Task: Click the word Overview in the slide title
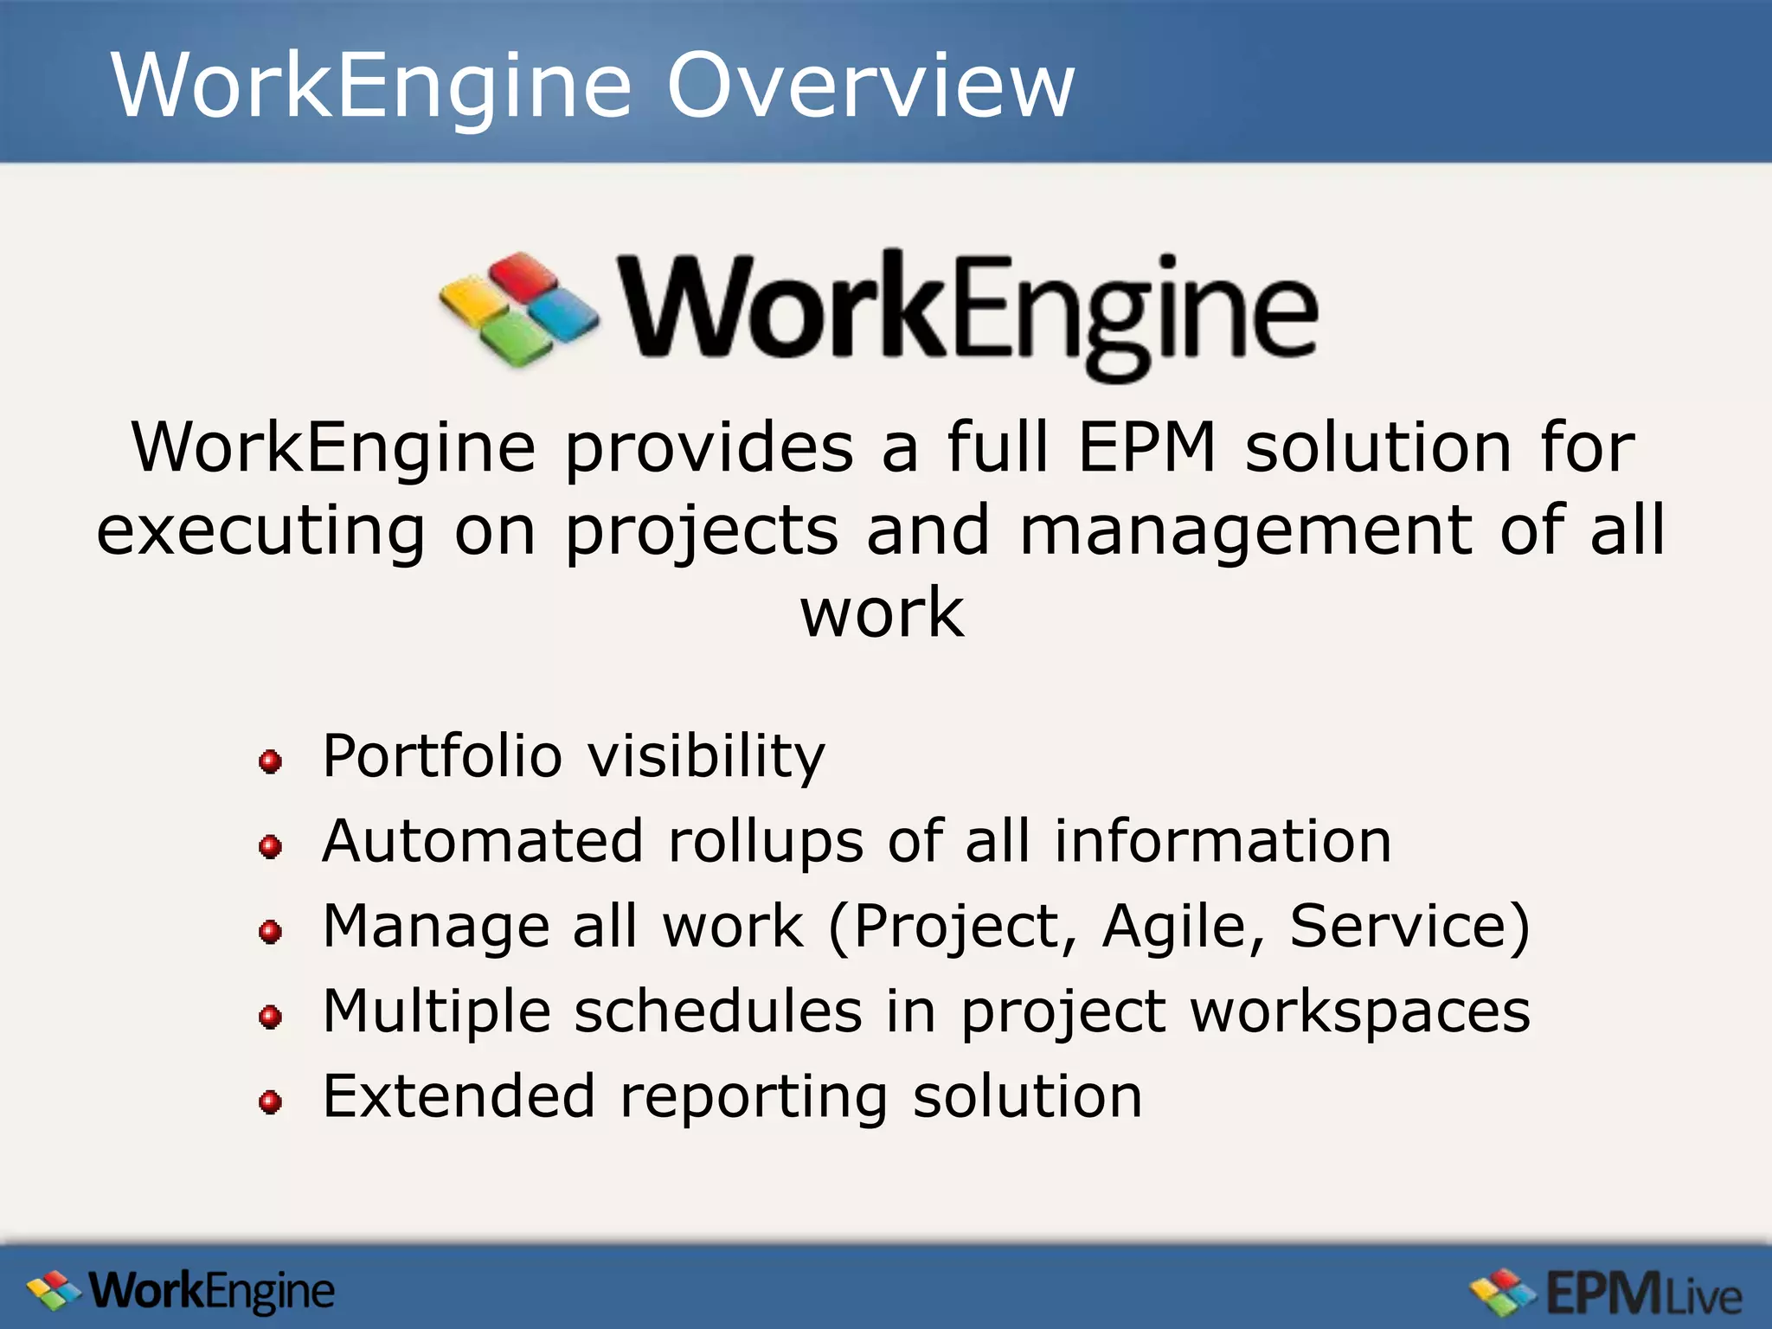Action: [x=870, y=86]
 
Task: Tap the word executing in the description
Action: [x=260, y=530]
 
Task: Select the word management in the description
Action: [x=1246, y=530]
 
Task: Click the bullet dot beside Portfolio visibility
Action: [x=271, y=761]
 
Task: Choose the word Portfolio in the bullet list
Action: [x=442, y=756]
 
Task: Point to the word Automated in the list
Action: [x=483, y=841]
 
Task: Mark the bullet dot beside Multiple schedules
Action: [x=271, y=1017]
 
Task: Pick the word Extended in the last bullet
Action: [x=459, y=1096]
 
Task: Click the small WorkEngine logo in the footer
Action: [x=181, y=1292]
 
